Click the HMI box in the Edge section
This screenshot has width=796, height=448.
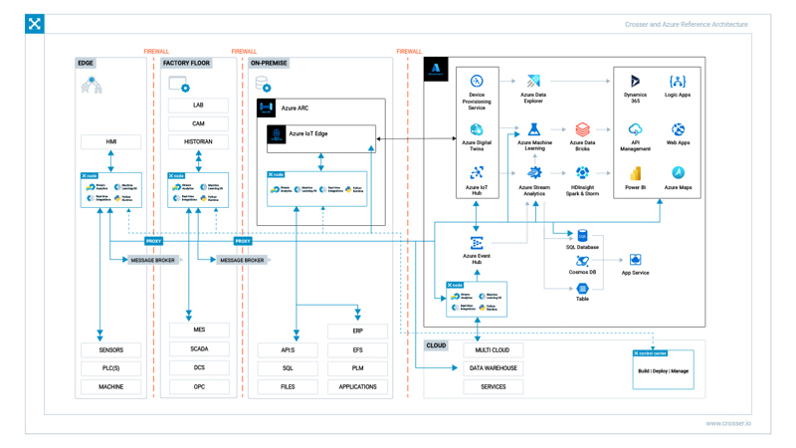110,142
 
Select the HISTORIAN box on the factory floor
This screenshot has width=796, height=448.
198,142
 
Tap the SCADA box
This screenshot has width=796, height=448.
199,349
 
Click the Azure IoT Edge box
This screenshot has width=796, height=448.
320,134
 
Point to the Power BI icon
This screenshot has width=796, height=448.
635,173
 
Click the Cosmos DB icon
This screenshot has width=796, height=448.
582,262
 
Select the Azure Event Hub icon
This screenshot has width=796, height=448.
477,243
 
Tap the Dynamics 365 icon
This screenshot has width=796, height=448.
635,81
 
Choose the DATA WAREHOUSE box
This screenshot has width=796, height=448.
493,368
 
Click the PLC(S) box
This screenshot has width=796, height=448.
110,368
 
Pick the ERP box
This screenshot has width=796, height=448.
357,331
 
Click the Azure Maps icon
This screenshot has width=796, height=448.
678,173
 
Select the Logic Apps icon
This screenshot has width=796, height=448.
678,81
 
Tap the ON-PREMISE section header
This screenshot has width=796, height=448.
269,63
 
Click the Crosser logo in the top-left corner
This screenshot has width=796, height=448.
35,24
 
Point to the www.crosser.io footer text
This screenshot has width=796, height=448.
728,423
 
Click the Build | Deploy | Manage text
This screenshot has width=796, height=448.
663,371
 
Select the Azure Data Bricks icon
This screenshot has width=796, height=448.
582,129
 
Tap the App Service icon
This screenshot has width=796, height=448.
635,261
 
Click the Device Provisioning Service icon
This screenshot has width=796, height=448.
477,81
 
